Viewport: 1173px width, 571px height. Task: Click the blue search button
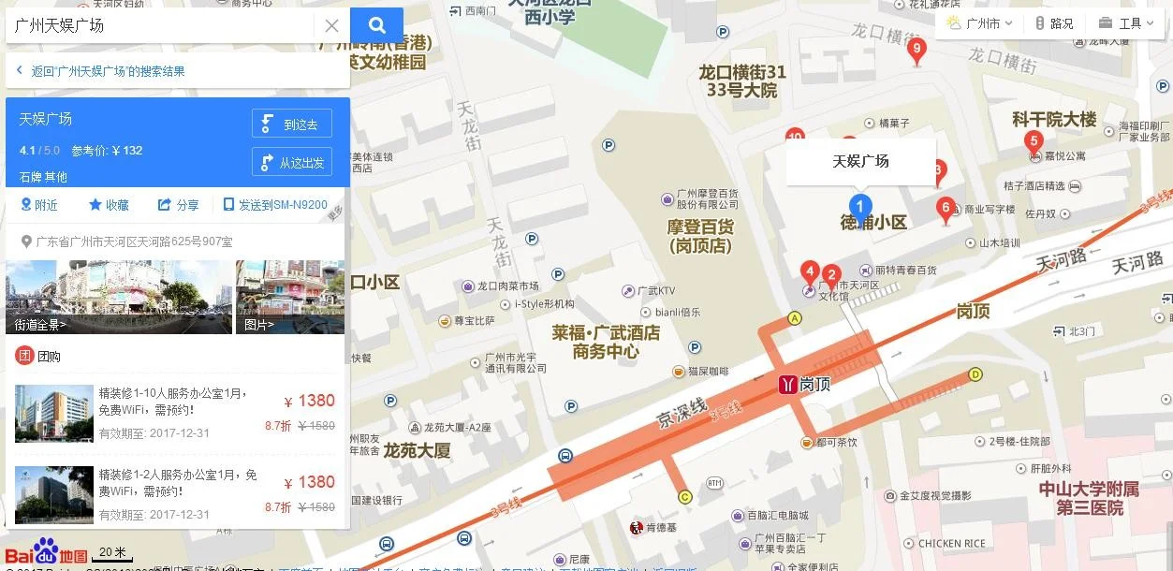pos(376,25)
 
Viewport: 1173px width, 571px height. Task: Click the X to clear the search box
pos(331,25)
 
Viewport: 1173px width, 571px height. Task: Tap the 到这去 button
pos(292,124)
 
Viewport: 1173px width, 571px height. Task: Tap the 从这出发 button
pos(292,162)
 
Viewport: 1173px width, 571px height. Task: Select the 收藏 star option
pos(109,205)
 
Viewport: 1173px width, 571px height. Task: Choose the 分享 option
pos(178,205)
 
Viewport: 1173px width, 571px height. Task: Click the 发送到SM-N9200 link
pos(275,205)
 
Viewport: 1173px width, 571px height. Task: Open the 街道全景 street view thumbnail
pos(118,297)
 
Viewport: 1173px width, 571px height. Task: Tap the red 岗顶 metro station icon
pos(788,384)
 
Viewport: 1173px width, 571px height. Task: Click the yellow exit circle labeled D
pos(975,374)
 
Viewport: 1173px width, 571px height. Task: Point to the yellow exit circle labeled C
pos(684,497)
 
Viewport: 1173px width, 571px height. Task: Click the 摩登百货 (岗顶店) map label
pos(700,236)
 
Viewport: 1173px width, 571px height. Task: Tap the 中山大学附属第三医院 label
pos(1089,498)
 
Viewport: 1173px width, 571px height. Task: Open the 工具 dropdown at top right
pos(1126,23)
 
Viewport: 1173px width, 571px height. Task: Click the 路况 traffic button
pos(1054,23)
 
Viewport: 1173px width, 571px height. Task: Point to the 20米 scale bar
pos(114,554)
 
